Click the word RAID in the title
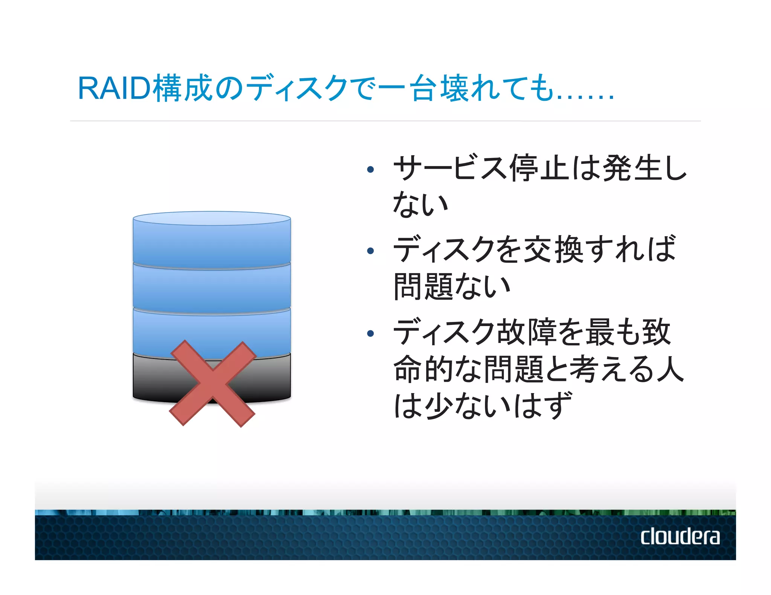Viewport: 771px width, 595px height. click(x=114, y=88)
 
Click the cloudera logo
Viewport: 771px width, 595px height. click(x=680, y=536)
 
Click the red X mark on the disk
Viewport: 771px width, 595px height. click(x=213, y=383)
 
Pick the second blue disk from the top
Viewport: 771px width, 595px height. click(x=212, y=288)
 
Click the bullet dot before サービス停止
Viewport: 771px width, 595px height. click(x=370, y=170)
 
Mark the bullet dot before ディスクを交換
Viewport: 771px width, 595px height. click(x=370, y=251)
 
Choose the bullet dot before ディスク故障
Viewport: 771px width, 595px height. click(x=370, y=333)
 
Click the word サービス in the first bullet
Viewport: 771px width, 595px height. click(x=450, y=168)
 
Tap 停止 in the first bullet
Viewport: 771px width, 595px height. click(x=540, y=168)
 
